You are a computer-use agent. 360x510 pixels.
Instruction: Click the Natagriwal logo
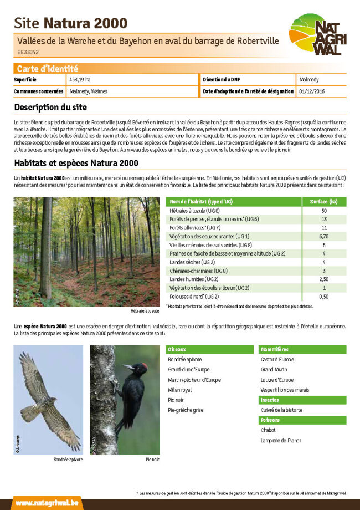[317, 35]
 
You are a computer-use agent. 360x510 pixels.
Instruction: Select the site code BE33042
[28, 52]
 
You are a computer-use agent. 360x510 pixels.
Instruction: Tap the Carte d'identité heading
[47, 69]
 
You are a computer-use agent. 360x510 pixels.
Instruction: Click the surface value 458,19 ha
[80, 80]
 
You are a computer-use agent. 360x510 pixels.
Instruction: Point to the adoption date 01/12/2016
[312, 91]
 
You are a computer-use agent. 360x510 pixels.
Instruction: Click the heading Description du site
[50, 106]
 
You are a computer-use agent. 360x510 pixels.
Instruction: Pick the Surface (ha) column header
[324, 201]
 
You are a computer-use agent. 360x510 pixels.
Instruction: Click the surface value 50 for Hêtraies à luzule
[324, 211]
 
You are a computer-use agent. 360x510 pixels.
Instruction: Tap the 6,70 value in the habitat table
[324, 236]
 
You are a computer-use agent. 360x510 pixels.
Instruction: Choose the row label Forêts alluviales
[194, 228]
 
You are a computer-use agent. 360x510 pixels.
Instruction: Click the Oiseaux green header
[177, 350]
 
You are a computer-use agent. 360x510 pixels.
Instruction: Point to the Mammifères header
[274, 350]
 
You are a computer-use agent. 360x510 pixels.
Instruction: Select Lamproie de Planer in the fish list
[281, 440]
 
